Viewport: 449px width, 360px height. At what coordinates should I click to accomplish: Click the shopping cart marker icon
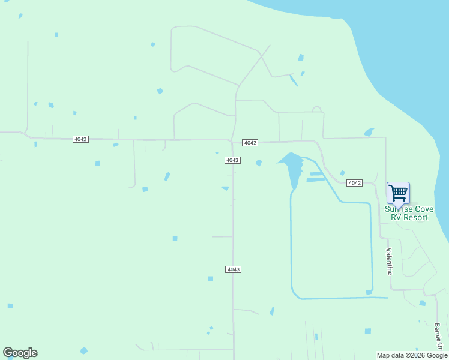click(398, 193)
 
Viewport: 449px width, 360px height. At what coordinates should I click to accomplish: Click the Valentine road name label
click(389, 262)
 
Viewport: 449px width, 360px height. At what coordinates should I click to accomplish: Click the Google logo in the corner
click(20, 353)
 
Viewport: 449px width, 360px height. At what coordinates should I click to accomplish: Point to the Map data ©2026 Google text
click(412, 355)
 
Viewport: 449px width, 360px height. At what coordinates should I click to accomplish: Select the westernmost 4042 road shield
click(80, 139)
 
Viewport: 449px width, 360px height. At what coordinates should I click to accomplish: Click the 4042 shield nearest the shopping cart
click(355, 183)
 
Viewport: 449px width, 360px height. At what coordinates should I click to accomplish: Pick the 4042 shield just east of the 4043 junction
click(250, 143)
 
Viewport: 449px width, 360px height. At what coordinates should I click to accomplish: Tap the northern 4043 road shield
click(233, 160)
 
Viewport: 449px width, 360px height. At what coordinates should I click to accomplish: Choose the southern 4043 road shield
click(234, 269)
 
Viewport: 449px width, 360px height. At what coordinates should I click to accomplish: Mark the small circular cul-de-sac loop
click(316, 110)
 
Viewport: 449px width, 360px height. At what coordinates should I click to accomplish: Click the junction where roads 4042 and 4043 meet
click(232, 141)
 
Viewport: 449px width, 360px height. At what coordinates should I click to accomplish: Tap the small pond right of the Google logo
click(84, 350)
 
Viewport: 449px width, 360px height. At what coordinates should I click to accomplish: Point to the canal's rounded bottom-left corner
click(295, 294)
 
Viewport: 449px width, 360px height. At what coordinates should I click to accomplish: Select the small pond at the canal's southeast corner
click(369, 293)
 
